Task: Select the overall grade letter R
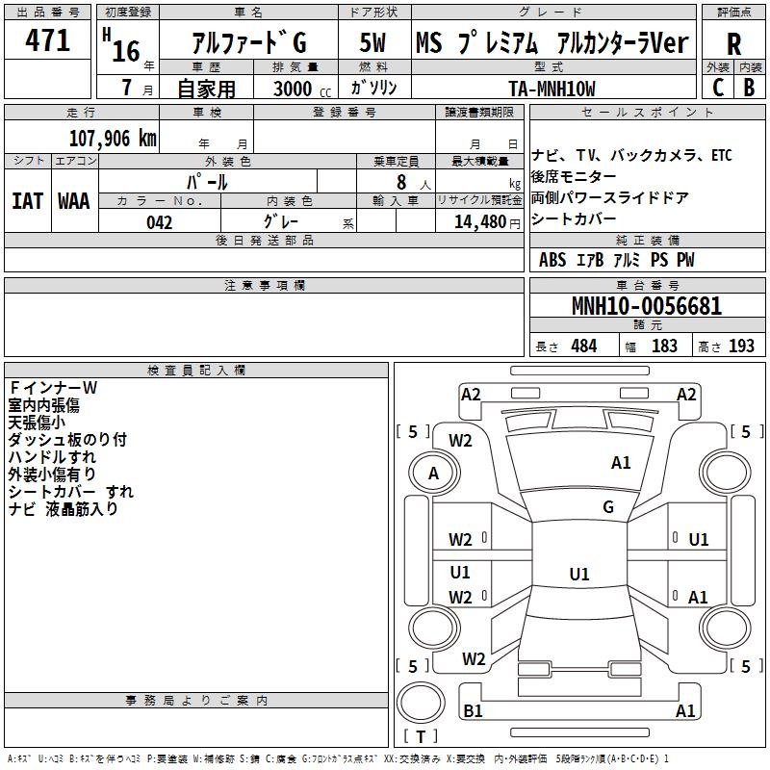(733, 43)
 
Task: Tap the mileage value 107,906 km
(112, 138)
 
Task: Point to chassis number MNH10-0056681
(646, 307)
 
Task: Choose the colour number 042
(159, 222)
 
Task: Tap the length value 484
(583, 346)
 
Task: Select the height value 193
(741, 346)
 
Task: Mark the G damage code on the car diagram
(608, 507)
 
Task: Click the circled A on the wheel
(433, 474)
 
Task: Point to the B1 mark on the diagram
(474, 711)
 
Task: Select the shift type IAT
(28, 201)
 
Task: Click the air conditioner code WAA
(74, 201)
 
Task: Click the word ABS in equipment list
(552, 260)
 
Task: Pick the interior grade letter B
(749, 87)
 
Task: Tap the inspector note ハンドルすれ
(52, 457)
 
